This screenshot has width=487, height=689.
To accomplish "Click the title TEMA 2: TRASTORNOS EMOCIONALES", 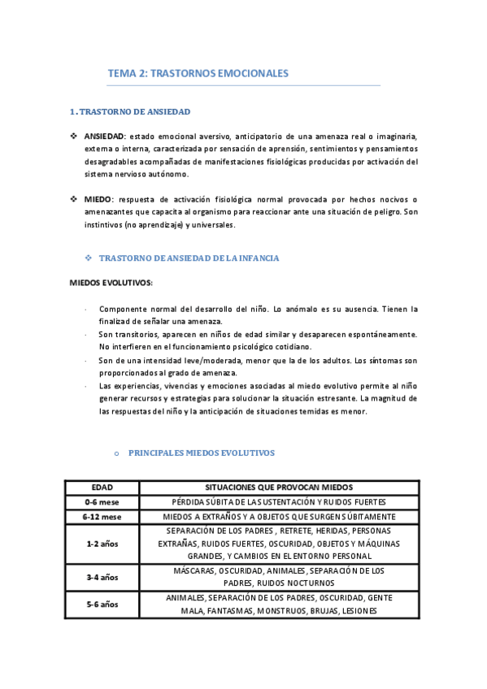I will [x=198, y=74].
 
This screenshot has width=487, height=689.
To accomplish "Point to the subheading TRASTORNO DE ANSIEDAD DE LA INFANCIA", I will [x=188, y=258].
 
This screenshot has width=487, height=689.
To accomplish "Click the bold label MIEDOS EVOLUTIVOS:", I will [x=110, y=283].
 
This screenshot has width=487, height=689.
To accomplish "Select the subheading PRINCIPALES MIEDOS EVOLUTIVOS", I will [x=202, y=453].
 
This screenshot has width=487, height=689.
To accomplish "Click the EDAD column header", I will [x=102, y=487].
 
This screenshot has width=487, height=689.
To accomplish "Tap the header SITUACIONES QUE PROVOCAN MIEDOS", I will [x=279, y=487].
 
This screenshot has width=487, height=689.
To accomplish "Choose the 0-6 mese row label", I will [x=102, y=501].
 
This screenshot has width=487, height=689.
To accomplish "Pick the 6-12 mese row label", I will [x=102, y=516].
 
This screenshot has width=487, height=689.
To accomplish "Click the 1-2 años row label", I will [x=102, y=544].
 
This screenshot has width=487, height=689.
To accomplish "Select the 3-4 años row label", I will [x=102, y=577].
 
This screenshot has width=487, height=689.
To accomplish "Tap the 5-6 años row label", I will [x=102, y=604].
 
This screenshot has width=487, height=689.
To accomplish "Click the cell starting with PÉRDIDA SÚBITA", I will [x=279, y=501].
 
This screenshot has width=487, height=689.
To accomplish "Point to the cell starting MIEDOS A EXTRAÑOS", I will [x=279, y=516].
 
